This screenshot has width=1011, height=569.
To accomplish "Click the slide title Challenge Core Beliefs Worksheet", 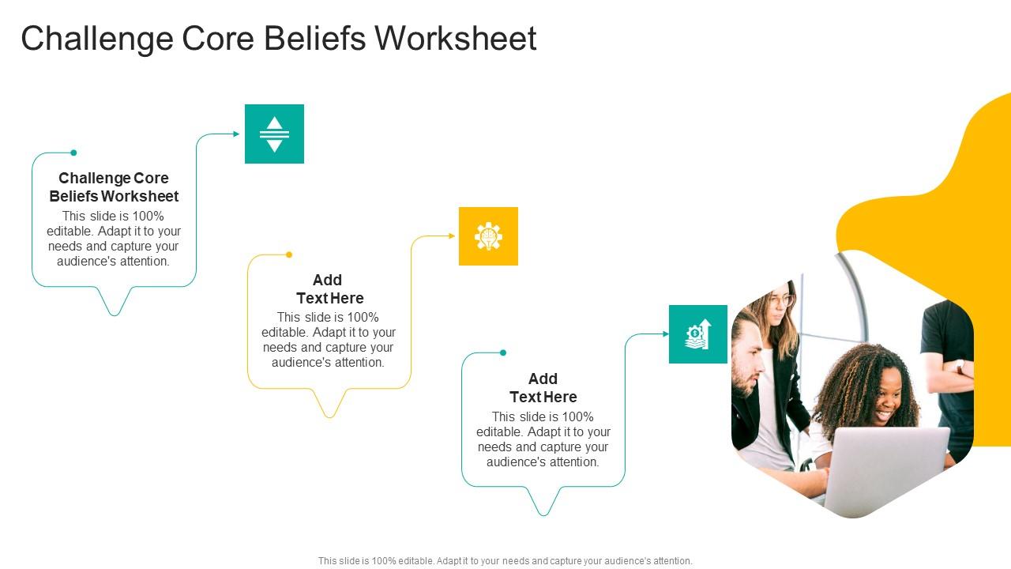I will click(278, 39).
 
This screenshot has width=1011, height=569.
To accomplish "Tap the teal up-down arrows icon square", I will click(274, 134).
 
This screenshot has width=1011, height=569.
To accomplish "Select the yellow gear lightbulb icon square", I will click(488, 236).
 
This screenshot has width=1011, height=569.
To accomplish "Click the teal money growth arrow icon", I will click(698, 334).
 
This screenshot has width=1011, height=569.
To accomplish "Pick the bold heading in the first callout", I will click(114, 187).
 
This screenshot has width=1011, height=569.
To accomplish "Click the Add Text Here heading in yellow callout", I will click(329, 289).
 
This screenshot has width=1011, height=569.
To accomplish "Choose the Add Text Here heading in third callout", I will click(543, 388).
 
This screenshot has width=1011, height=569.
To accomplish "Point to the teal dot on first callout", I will click(73, 153).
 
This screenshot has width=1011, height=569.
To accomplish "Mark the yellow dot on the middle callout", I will click(289, 254).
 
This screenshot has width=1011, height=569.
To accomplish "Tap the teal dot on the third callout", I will click(503, 352).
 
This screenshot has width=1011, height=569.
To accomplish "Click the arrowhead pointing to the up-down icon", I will click(236, 134).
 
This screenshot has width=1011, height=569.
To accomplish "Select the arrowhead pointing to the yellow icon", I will click(452, 236).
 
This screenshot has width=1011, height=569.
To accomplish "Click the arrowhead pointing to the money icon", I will click(665, 334).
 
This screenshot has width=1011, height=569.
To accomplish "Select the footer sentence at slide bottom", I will click(505, 561).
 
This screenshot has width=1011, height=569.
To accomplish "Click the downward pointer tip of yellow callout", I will click(329, 416).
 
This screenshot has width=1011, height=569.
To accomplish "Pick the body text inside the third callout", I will click(543, 439).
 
